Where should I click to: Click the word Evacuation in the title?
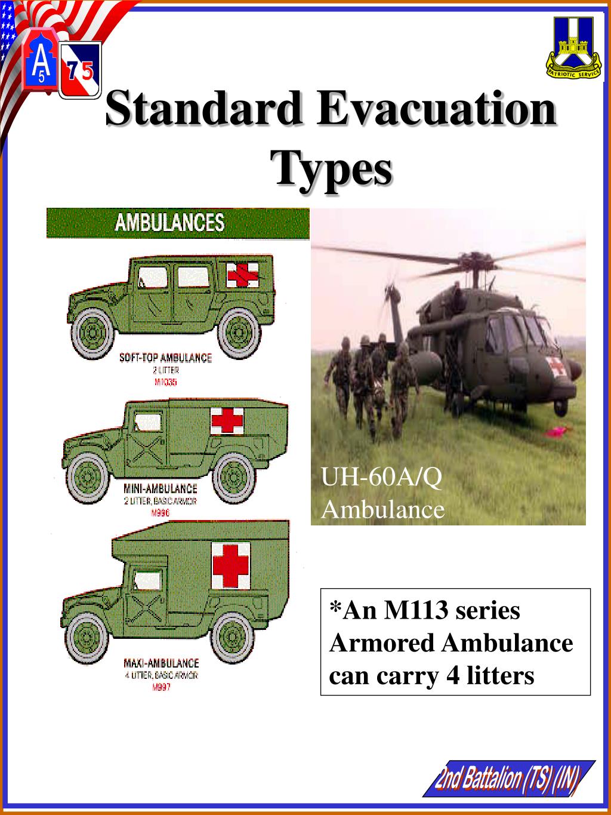click(436, 108)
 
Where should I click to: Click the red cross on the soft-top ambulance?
click(242, 274)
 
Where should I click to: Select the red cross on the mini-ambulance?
click(227, 421)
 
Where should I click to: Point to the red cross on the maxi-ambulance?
click(231, 565)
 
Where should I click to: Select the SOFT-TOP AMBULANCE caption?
click(165, 358)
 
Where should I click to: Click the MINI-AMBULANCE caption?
click(160, 489)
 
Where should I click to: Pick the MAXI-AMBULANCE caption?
click(161, 663)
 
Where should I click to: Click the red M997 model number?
click(161, 688)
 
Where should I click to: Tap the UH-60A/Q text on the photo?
click(382, 478)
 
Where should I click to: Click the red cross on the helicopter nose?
click(554, 367)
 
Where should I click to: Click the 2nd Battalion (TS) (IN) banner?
click(508, 779)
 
